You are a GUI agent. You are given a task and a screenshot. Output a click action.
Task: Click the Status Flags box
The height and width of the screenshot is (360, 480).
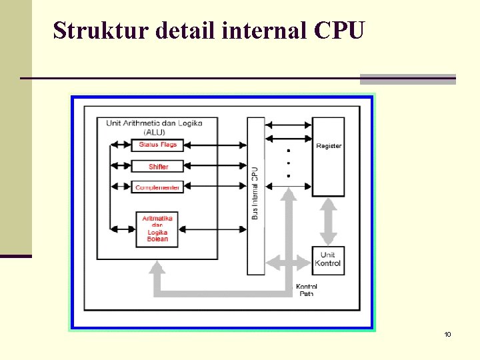[x=158, y=145]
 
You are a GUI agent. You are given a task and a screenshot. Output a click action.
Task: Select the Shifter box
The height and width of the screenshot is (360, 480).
[x=158, y=166]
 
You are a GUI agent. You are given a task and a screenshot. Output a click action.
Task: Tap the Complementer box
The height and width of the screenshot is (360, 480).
[x=158, y=187]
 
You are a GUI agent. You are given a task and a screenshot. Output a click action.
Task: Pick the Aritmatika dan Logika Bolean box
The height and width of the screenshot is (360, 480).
[x=158, y=229]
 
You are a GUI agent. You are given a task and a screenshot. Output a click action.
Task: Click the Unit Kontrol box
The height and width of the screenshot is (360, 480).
[x=328, y=259]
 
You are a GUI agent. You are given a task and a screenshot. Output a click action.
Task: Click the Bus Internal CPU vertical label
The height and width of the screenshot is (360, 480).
[x=255, y=193]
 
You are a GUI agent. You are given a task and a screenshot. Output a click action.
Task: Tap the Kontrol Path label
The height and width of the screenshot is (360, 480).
[x=306, y=290]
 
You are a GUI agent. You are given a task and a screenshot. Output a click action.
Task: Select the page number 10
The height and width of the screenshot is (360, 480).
[x=447, y=334]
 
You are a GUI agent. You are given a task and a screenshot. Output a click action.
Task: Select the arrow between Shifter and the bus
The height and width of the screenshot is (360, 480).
[x=215, y=166]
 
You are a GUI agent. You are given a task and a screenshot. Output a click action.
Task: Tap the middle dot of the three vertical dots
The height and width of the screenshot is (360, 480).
[x=288, y=163]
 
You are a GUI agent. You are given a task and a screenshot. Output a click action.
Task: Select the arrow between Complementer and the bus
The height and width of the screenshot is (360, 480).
[x=215, y=187]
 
